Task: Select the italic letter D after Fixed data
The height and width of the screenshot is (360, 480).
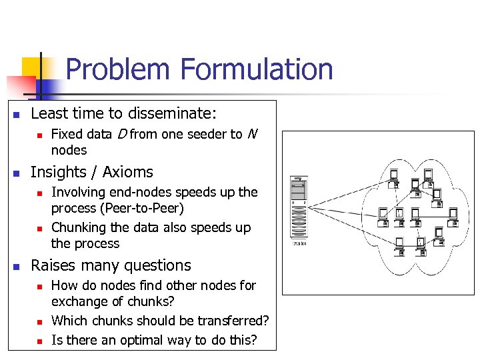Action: click(121, 134)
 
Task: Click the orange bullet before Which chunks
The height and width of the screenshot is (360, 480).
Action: click(39, 322)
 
